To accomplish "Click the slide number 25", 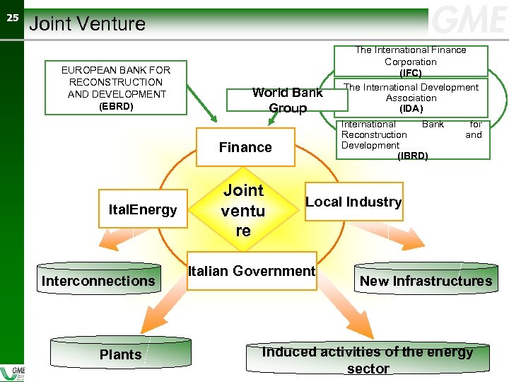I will (x=12, y=18).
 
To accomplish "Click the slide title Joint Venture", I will (x=88, y=24).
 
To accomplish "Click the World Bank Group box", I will (x=287, y=100).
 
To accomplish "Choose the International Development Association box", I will (x=411, y=98).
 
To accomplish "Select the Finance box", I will (x=245, y=147).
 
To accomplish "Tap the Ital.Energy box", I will (x=143, y=209).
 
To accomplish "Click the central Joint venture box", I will (x=243, y=210).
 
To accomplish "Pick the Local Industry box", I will (x=353, y=202).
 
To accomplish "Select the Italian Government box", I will (x=252, y=271).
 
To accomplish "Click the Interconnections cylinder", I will (x=98, y=282).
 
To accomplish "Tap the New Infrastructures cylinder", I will (x=426, y=282).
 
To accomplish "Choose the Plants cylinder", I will (x=120, y=354).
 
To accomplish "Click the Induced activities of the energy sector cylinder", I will (x=368, y=359).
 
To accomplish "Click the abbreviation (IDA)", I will (x=411, y=109).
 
